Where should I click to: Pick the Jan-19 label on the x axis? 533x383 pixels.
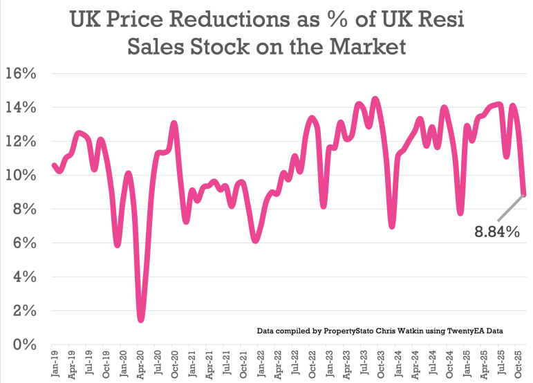54,364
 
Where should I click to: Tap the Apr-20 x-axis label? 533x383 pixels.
140,364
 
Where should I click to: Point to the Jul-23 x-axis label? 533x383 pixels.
365,364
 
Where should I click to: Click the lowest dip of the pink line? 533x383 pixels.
141,319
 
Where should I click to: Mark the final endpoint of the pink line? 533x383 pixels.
525,194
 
